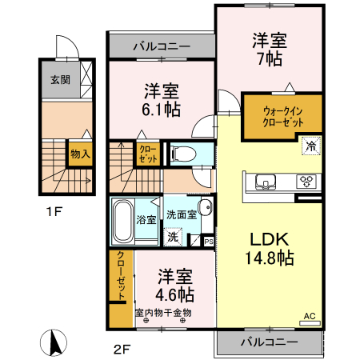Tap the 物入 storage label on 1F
point(79,151)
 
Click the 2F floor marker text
point(121,348)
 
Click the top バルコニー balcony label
point(161,46)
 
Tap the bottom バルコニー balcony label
point(269,342)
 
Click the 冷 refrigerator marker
point(310,146)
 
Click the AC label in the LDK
point(309,316)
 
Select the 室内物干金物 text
point(163,313)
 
